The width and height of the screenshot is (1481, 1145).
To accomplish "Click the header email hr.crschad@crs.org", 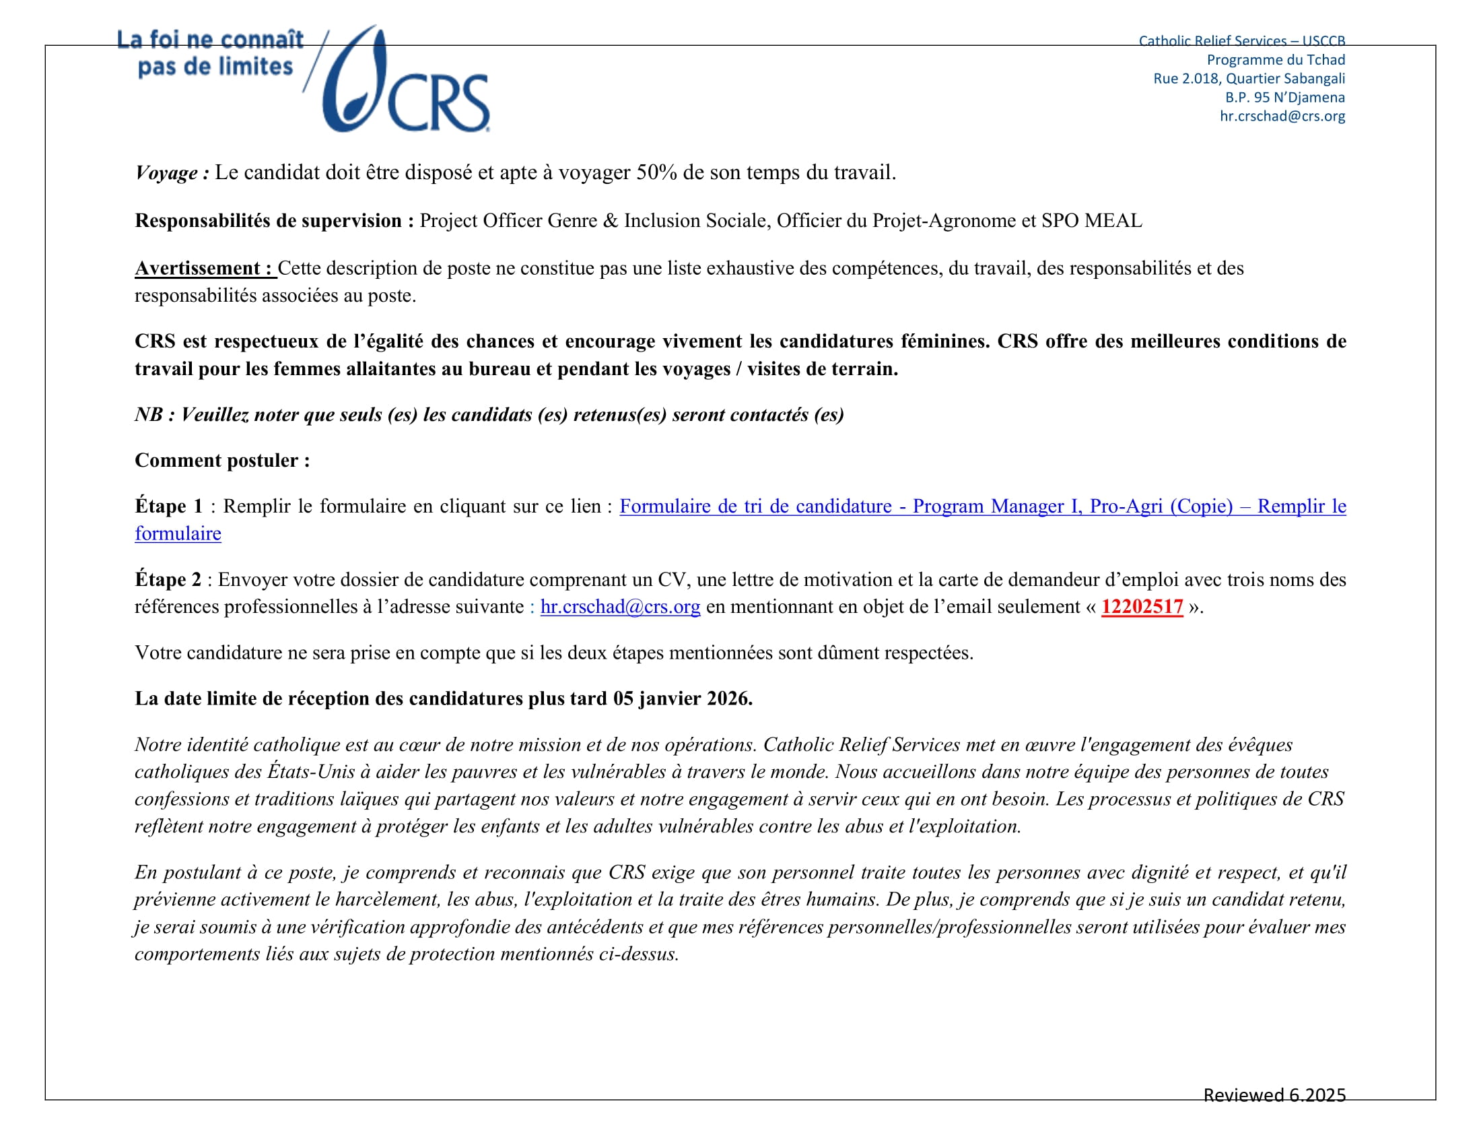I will pyautogui.click(x=1282, y=116).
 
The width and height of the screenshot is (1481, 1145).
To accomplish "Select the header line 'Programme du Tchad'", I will pyautogui.click(x=1276, y=60).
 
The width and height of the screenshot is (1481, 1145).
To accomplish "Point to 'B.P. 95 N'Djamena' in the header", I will pyautogui.click(x=1284, y=97).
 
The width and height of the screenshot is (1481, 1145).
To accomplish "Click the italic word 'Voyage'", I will pyautogui.click(x=168, y=172).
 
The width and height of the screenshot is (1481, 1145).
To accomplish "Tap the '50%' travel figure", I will pyautogui.click(x=656, y=172).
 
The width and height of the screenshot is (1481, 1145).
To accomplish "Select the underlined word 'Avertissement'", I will pyautogui.click(x=198, y=268).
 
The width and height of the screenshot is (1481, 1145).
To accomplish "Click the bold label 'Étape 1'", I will pyautogui.click(x=168, y=506).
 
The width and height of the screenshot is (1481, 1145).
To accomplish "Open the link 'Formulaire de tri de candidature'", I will pyautogui.click(x=755, y=506).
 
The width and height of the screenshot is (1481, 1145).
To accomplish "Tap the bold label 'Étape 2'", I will pyautogui.click(x=168, y=579).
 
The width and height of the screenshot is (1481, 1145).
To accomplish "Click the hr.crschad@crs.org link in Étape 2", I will pyautogui.click(x=620, y=606).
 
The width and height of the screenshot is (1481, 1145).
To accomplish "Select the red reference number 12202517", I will pyautogui.click(x=1141, y=606).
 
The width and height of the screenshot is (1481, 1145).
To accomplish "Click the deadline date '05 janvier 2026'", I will pyautogui.click(x=681, y=698).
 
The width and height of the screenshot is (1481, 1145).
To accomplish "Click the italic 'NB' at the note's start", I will pyautogui.click(x=149, y=414).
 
